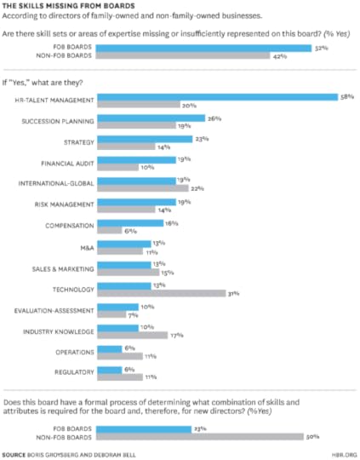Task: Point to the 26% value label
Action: click(214, 118)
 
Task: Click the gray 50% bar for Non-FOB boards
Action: click(201, 437)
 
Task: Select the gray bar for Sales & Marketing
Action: click(127, 273)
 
